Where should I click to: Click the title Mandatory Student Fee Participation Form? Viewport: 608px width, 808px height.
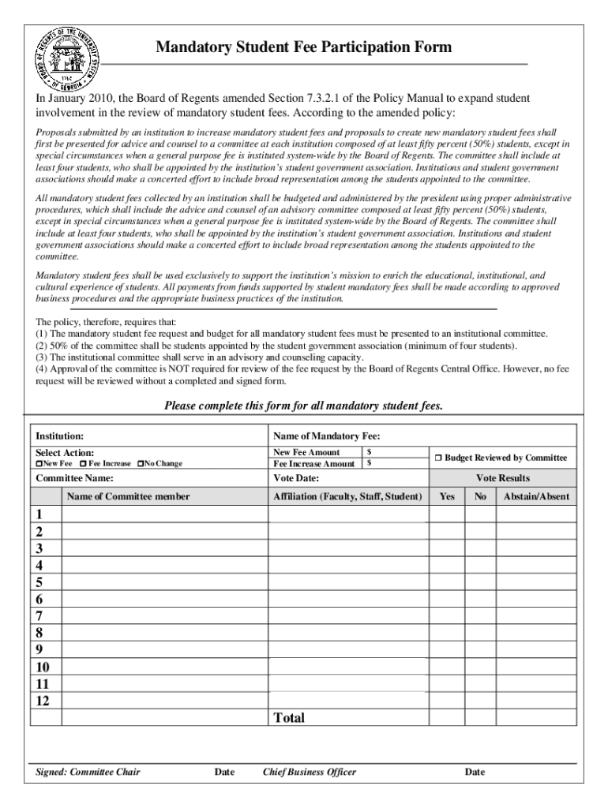click(304, 47)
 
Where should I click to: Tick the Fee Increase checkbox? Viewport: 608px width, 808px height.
click(83, 463)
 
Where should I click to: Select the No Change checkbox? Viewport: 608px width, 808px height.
click(141, 463)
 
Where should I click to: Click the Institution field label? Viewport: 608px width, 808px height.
click(60, 436)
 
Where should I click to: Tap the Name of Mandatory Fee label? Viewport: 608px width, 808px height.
click(327, 436)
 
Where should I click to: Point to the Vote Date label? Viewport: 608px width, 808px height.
click(296, 478)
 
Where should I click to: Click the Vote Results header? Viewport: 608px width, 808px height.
click(502, 478)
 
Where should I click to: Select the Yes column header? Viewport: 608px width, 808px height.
click(446, 496)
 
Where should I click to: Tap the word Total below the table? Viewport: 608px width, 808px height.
click(288, 718)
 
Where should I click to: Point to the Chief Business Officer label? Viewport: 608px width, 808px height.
click(309, 772)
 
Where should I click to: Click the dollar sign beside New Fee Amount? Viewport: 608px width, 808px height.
click(370, 452)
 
